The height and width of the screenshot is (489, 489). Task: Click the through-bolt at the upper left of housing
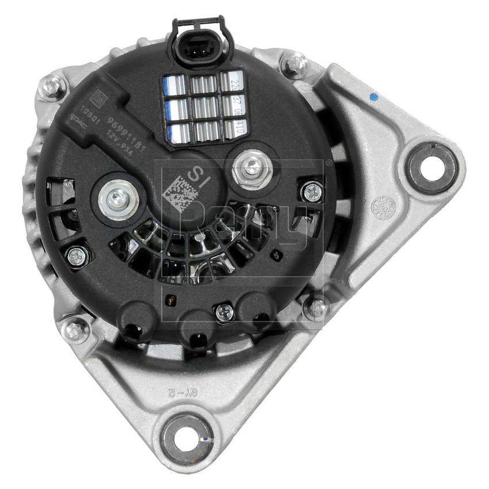[x=51, y=87]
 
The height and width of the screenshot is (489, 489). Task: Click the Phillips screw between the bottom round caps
[x=224, y=313]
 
